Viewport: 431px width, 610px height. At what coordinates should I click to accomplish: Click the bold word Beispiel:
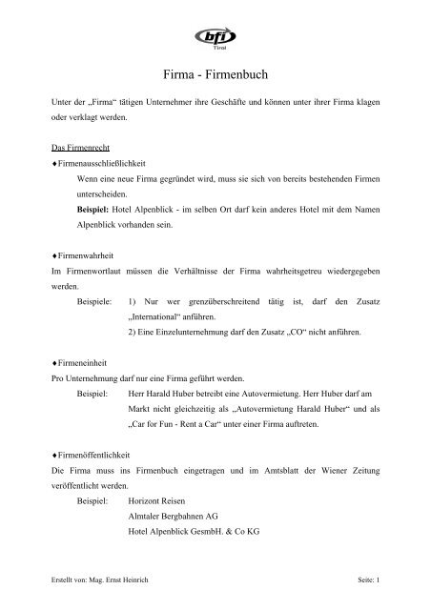coord(98,210)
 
